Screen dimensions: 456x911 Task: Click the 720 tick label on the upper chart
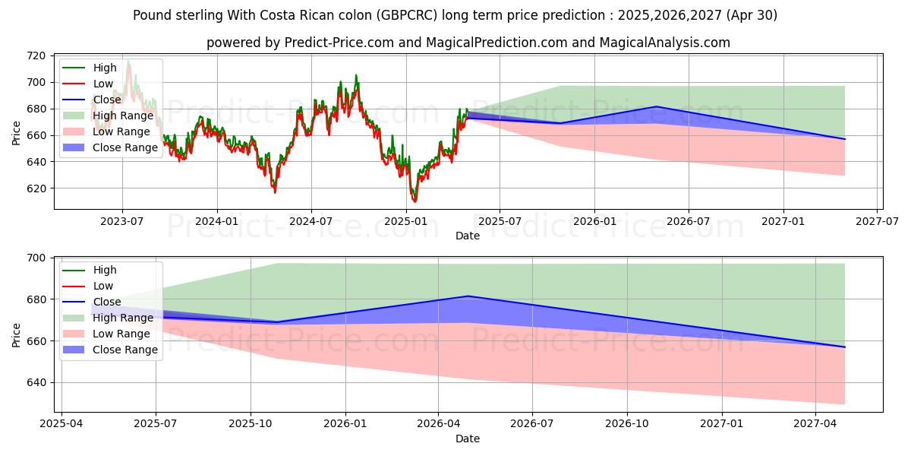[36, 55]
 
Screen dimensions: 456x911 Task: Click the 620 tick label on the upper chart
[36, 188]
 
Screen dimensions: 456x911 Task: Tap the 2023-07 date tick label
[122, 221]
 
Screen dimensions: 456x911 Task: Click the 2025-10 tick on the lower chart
[251, 424]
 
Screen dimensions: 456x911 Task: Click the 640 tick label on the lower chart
[36, 383]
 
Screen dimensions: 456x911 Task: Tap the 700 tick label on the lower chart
[36, 258]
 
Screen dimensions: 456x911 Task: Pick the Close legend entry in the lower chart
[107, 302]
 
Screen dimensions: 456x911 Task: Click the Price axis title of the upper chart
[17, 132]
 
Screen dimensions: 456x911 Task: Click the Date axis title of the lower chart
[468, 439]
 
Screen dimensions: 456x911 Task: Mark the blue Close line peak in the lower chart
[468, 296]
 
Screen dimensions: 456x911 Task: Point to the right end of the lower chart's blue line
[844, 347]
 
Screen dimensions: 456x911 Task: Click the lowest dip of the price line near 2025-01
[415, 201]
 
